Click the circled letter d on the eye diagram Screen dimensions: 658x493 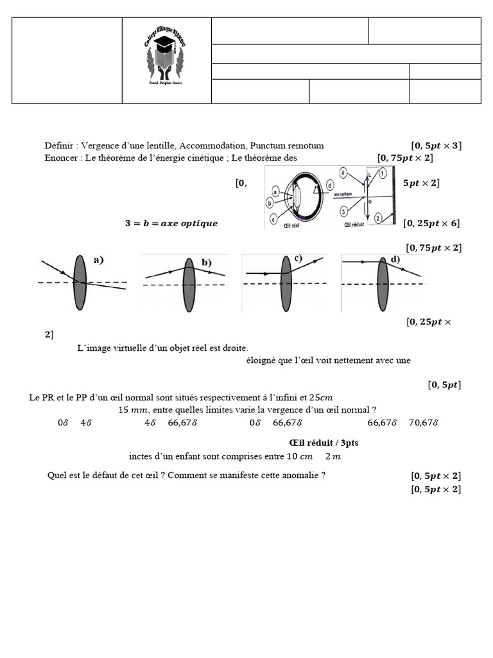[329, 185]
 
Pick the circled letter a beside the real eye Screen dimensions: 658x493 [275, 191]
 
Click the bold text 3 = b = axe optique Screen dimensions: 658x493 [171, 224]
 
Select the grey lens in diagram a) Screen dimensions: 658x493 [80, 283]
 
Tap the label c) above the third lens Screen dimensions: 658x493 [298, 258]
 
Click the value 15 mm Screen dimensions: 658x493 [133, 410]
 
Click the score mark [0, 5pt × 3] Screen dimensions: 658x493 [436, 146]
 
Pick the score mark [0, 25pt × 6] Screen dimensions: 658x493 [431, 224]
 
